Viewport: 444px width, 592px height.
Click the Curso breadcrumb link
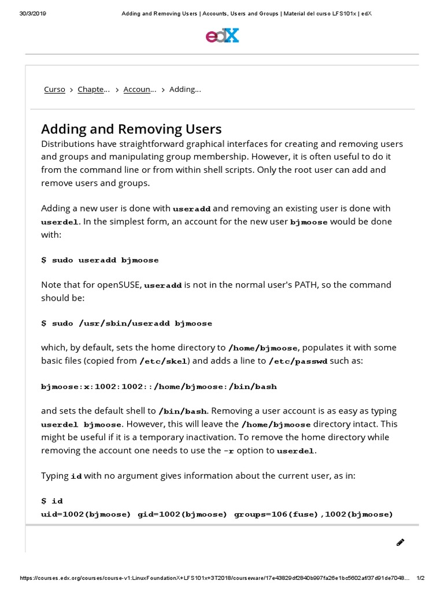(x=54, y=90)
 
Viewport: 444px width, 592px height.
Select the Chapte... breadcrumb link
(x=93, y=90)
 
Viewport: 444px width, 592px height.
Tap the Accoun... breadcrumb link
(x=140, y=90)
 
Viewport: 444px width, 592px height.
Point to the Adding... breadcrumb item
(x=185, y=90)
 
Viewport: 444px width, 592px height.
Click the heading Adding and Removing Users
(x=131, y=128)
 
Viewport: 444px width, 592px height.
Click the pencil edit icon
(x=400, y=542)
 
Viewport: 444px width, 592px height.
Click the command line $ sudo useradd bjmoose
(x=99, y=260)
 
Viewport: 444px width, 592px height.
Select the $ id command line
(x=52, y=501)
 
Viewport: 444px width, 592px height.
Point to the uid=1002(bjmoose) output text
(x=86, y=514)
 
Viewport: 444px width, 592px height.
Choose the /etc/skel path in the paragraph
(x=165, y=361)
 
